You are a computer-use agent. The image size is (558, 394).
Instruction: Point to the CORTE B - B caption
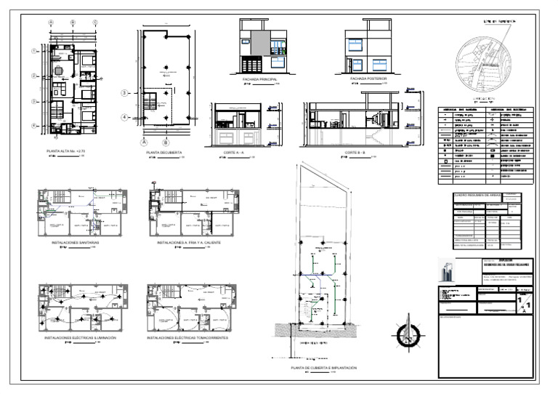point(355,153)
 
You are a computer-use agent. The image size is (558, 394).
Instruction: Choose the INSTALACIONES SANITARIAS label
point(78,241)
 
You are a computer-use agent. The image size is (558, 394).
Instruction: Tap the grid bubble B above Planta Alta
point(73,23)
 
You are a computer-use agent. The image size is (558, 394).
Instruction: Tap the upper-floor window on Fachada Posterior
point(356,43)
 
